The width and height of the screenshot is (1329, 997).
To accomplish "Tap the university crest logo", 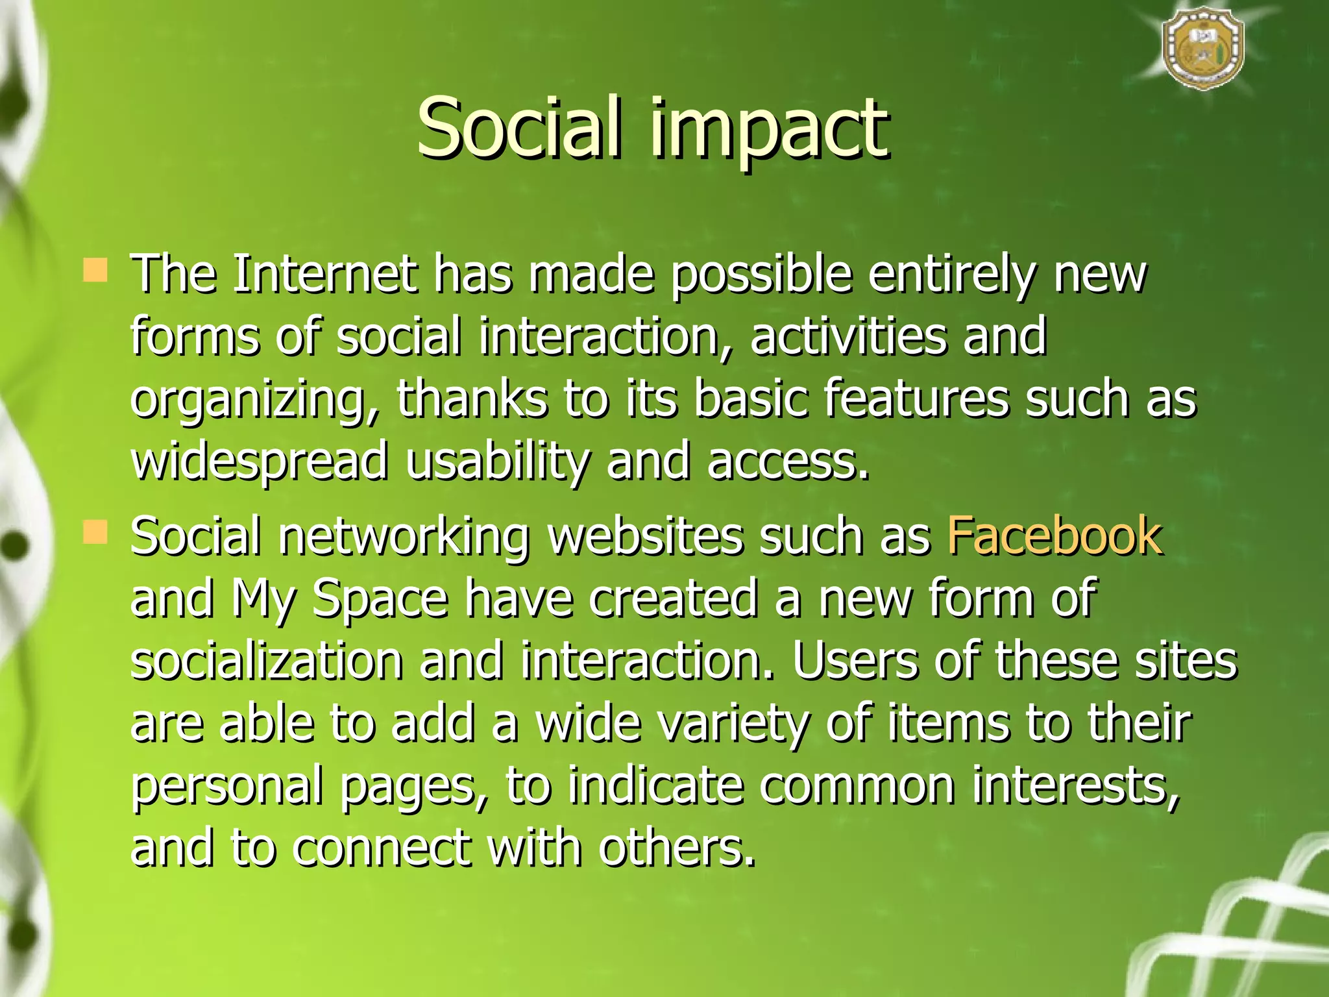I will click(1202, 53).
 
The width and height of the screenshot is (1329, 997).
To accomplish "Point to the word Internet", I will click(324, 274).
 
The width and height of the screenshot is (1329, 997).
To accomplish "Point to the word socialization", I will click(267, 661).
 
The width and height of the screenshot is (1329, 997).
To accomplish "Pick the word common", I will click(857, 785).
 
